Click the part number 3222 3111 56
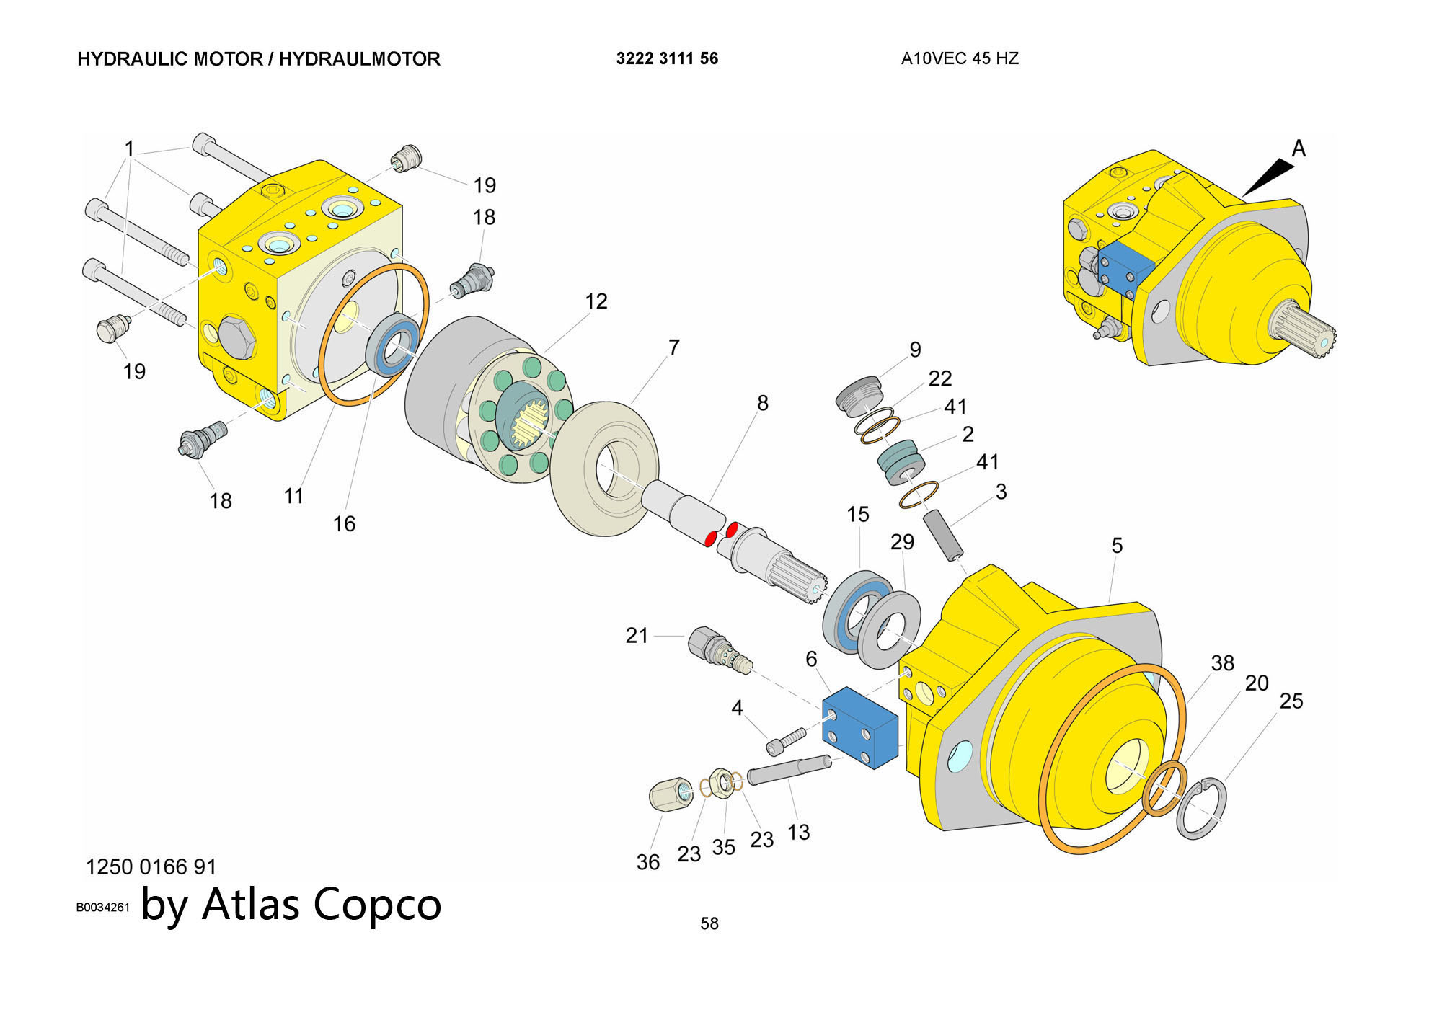coord(667,58)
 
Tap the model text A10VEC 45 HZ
coord(960,58)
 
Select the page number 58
coord(709,923)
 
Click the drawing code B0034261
coord(102,908)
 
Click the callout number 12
coord(596,301)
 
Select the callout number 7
coord(674,347)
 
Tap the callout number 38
coord(1222,662)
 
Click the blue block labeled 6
coord(860,728)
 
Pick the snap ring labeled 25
coord(1201,809)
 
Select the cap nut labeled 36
coord(671,794)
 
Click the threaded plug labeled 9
coord(859,394)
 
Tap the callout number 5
coord(1117,546)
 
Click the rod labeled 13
coord(789,768)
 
